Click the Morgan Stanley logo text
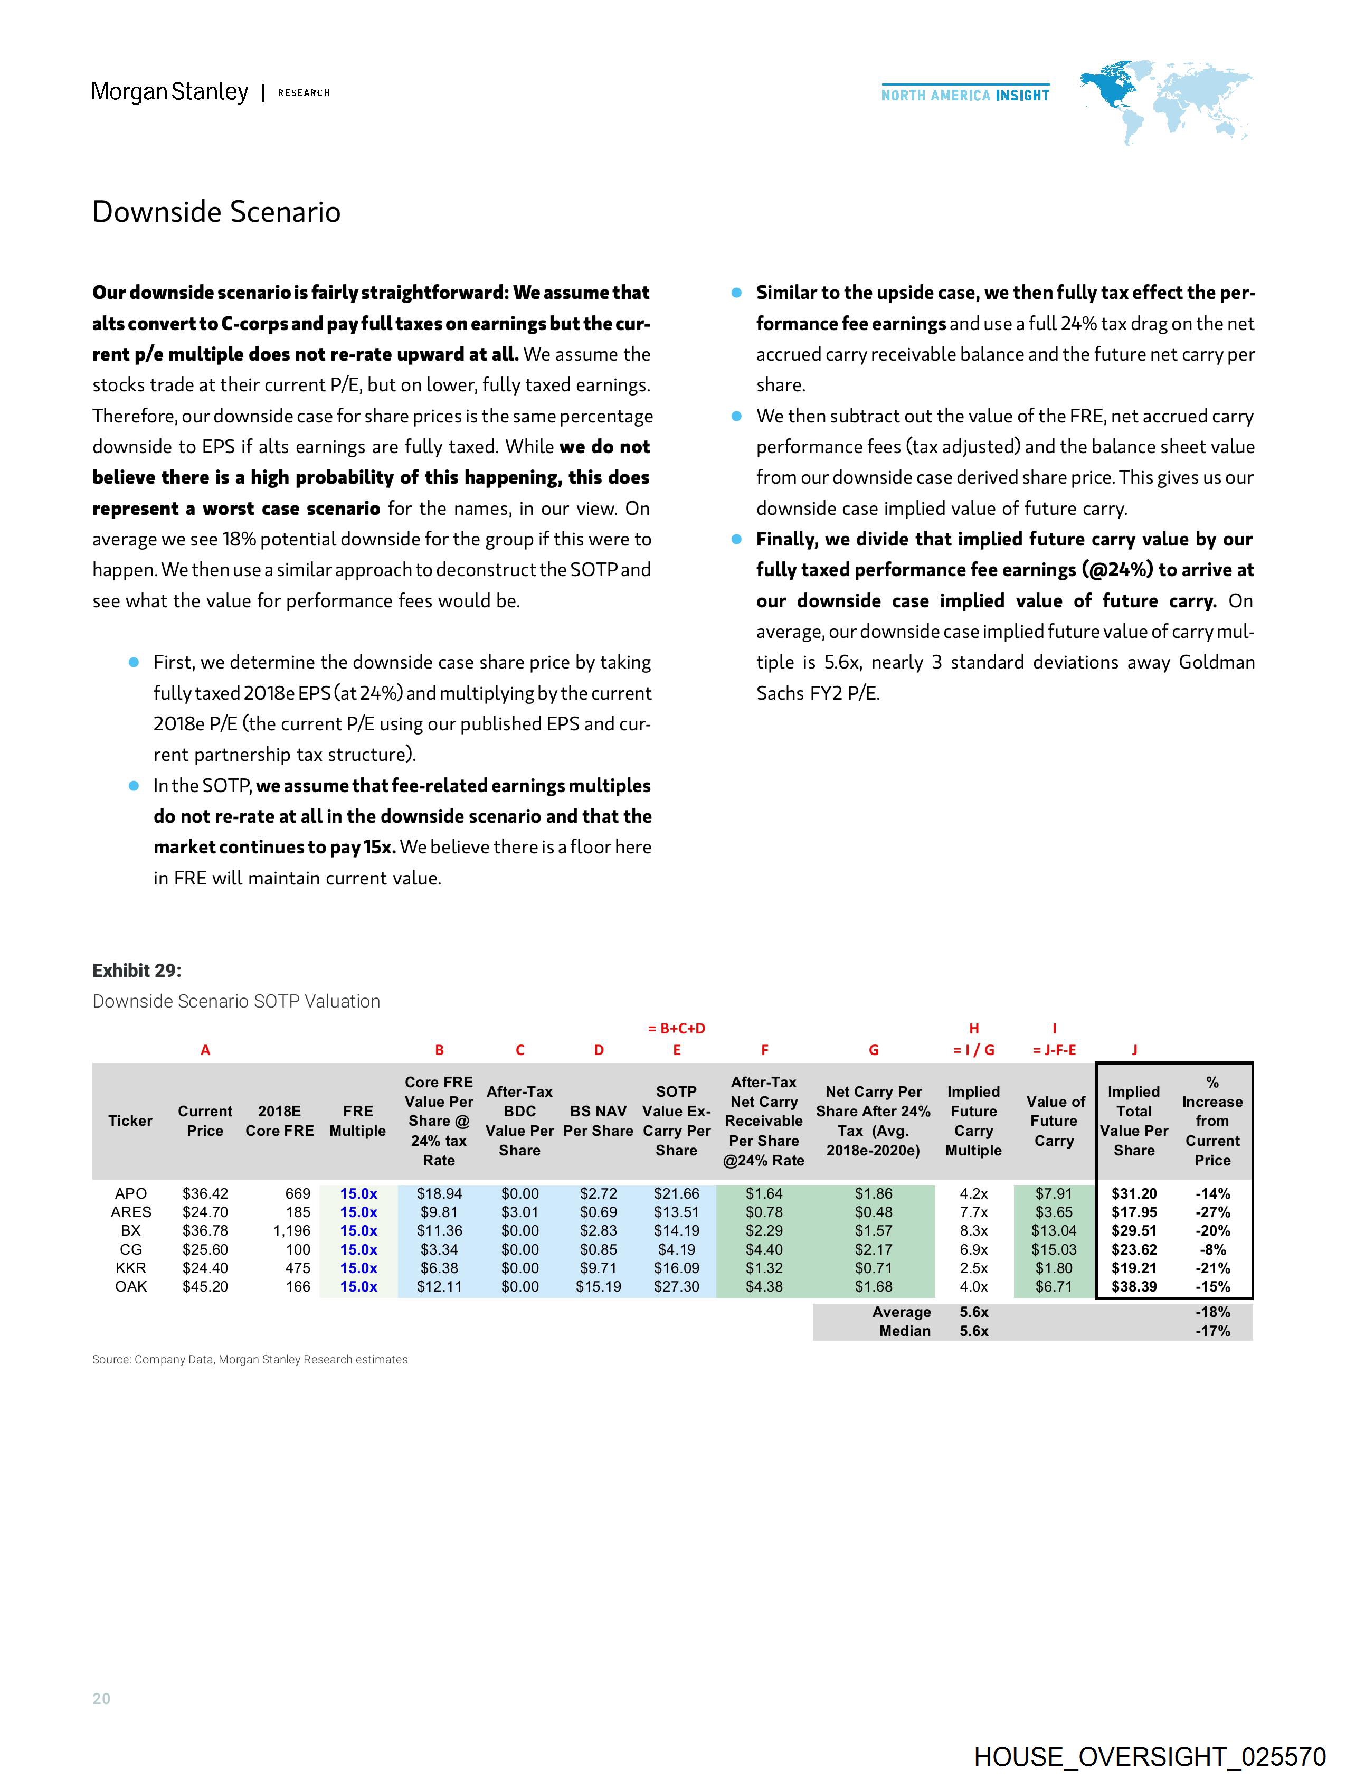click(169, 92)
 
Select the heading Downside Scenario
click(216, 212)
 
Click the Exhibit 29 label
click(137, 971)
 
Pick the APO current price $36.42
click(205, 1193)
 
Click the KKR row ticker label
click(130, 1267)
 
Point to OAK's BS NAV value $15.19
click(598, 1286)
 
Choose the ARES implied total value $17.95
click(1134, 1212)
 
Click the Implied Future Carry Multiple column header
click(973, 1121)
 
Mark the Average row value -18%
click(1212, 1312)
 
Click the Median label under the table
click(905, 1331)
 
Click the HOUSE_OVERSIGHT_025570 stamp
click(1150, 1756)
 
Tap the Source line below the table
click(250, 1359)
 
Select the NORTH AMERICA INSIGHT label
click(965, 95)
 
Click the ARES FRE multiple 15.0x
click(358, 1212)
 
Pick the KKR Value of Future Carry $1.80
click(1054, 1267)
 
